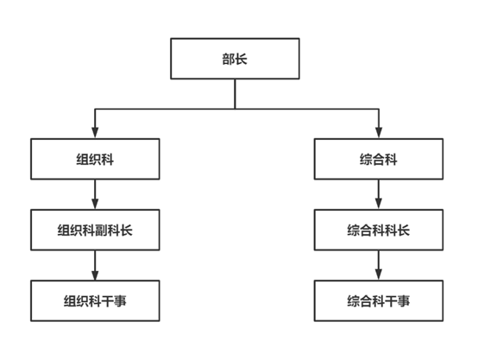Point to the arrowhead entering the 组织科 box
(x=95, y=133)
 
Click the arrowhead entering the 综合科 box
(x=379, y=133)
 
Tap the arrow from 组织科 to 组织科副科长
(x=95, y=194)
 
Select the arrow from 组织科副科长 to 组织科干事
(x=95, y=265)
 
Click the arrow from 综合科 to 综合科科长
(x=379, y=194)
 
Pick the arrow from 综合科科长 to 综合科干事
(x=379, y=265)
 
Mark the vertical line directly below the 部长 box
(x=235, y=94)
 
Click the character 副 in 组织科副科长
(x=101, y=231)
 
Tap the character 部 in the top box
(x=229, y=59)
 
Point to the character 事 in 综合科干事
(x=404, y=301)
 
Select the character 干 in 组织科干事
(x=108, y=301)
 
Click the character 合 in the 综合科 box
(x=379, y=160)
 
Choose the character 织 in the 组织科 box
(x=95, y=160)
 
